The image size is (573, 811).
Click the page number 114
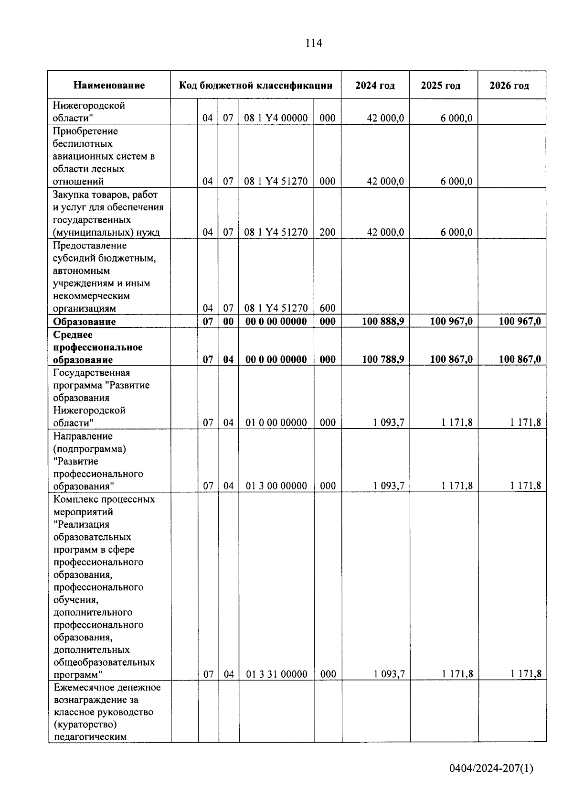tap(314, 43)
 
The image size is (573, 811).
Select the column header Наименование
tap(109, 86)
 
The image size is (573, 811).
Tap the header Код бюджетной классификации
tap(255, 86)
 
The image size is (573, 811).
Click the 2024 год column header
tap(375, 86)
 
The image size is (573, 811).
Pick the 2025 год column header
tap(441, 86)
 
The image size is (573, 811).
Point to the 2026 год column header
tap(509, 86)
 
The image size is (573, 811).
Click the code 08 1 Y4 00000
tap(276, 118)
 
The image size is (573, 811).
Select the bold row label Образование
tap(85, 322)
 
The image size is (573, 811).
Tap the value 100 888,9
tap(383, 321)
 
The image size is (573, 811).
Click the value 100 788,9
tap(383, 359)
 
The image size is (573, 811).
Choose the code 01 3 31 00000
tap(276, 674)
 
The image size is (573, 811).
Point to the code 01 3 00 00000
tap(276, 486)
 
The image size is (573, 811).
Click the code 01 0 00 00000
tap(276, 422)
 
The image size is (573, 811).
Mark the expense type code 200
tap(328, 232)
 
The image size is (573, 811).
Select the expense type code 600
tap(328, 309)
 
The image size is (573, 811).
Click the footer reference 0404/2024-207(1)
tap(491, 768)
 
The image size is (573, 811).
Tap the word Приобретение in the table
tap(85, 131)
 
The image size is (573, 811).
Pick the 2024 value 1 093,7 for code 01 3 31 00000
tap(389, 674)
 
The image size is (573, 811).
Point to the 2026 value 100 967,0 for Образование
tap(520, 321)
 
